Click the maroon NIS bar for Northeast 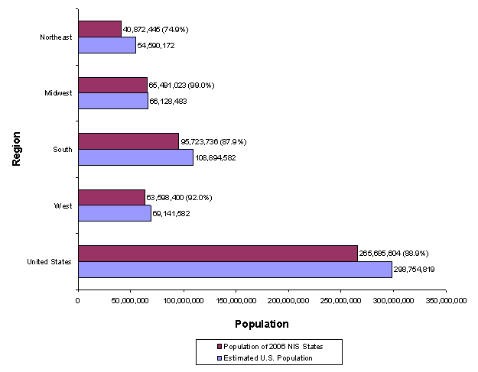coord(99,29)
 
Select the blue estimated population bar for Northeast coord(106,45)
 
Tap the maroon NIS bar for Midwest coord(112,85)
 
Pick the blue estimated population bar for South coord(135,157)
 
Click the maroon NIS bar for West coord(112,197)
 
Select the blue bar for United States coord(235,270)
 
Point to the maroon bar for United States coord(217,254)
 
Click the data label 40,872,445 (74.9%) coord(155,29)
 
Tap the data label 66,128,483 coord(168,101)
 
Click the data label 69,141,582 coord(171,213)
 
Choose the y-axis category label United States coord(50,262)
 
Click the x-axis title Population coord(262,324)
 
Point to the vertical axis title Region coord(16,148)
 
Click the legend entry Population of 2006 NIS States coord(270,346)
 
